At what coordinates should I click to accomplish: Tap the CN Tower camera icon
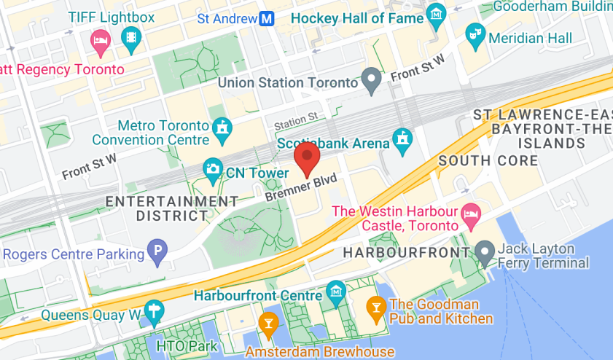(x=213, y=170)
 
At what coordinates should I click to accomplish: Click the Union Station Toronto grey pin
(x=372, y=80)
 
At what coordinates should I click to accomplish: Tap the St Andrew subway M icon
(x=268, y=18)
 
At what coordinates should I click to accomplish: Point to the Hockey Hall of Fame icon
(x=436, y=13)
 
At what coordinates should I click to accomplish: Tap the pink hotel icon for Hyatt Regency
(x=99, y=40)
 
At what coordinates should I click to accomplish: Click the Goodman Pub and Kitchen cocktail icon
(x=377, y=307)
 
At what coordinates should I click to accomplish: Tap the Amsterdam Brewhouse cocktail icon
(x=269, y=324)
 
